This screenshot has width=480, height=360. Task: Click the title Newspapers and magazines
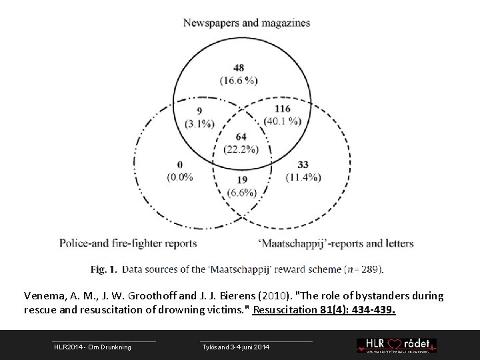coord(247,23)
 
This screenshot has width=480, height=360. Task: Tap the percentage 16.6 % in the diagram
coord(238,81)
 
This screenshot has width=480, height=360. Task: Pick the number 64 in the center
coord(241,136)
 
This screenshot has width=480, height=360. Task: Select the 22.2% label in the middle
coord(241,148)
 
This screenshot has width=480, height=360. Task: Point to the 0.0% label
coord(181,177)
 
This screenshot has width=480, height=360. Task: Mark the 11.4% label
coord(303,177)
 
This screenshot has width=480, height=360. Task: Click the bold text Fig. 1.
coord(104,269)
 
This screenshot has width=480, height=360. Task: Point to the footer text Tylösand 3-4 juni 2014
coord(235,347)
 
